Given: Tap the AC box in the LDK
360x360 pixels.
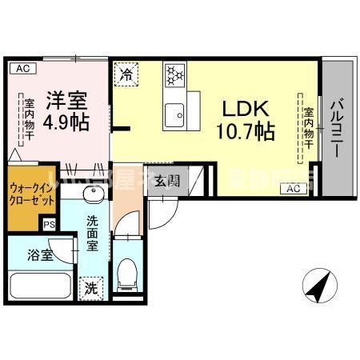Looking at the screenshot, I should tap(292, 189).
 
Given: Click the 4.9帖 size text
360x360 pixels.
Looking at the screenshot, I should tap(66, 124).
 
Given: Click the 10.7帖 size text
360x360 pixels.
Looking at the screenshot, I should tap(245, 130).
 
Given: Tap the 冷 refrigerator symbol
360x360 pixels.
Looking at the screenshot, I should tap(126, 75).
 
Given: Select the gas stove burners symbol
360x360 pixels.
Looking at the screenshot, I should tap(175, 75).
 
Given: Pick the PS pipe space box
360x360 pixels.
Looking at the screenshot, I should tap(49, 226).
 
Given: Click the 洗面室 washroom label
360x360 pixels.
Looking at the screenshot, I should tap(94, 233).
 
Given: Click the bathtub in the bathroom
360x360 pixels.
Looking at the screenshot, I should tap(40, 286).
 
